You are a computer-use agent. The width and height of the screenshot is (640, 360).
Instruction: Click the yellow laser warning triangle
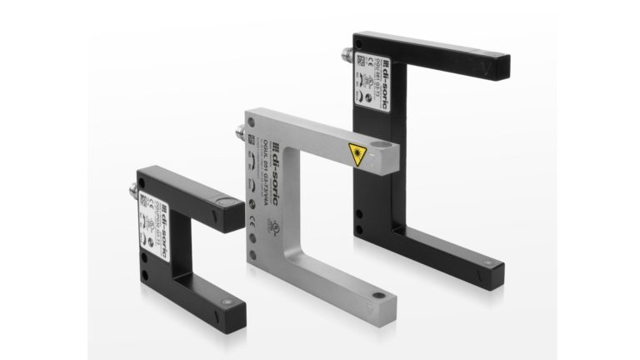tap(356, 153)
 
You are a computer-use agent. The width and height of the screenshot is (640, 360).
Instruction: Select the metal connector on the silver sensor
tap(242, 131)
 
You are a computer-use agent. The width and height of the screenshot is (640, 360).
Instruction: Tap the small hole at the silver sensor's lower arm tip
tap(379, 295)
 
